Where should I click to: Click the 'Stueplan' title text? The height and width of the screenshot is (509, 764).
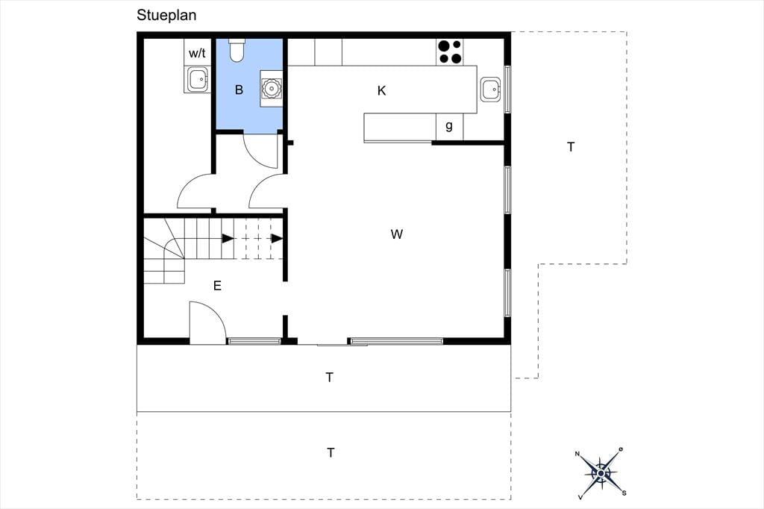tap(166, 15)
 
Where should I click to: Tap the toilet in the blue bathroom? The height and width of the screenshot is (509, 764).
tap(237, 50)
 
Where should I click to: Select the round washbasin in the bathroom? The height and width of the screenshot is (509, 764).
tap(270, 88)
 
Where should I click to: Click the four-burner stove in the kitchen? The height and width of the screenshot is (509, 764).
tap(450, 52)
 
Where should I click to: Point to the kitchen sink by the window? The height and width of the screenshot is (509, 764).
tap(492, 90)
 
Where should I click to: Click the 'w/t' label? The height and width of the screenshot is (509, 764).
tap(197, 53)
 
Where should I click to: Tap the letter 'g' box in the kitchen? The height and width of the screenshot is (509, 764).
tap(449, 126)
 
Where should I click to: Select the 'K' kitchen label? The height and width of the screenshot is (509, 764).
tap(381, 91)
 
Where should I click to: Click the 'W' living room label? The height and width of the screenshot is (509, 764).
tap(397, 234)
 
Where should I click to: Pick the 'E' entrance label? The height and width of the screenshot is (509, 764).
tap(217, 286)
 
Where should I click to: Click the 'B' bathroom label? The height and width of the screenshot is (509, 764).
tap(239, 90)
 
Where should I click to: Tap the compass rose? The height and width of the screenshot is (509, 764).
tap(602, 473)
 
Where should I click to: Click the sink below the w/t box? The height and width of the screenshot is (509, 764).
tap(198, 79)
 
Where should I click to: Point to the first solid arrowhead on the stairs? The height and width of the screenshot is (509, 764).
tap(228, 238)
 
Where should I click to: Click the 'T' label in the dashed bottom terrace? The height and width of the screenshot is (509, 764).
tap(331, 453)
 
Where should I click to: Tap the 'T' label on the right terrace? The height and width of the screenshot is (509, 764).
tap(571, 147)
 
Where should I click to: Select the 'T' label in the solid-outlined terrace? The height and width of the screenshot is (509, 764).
tap(330, 378)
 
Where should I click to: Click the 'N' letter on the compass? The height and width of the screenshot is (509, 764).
tap(578, 454)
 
